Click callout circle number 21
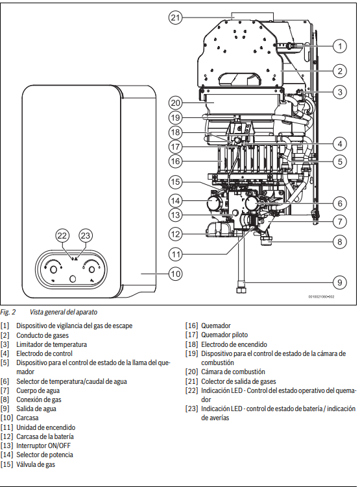(176, 18)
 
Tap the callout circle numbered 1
(340, 46)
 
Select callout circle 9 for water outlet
(339, 282)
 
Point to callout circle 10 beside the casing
(176, 274)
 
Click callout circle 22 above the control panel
(62, 236)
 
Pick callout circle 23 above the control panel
(86, 236)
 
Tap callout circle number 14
(176, 200)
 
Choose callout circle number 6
(340, 204)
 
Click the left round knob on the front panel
(53, 270)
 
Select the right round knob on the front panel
(91, 270)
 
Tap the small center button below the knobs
(73, 279)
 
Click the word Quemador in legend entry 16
(216, 326)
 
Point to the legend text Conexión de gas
(39, 399)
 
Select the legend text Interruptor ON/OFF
(43, 445)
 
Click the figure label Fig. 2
(8, 312)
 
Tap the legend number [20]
(191, 372)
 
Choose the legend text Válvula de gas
(36, 464)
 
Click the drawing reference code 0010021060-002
(321, 296)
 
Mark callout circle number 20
(176, 103)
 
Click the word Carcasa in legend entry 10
(27, 418)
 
